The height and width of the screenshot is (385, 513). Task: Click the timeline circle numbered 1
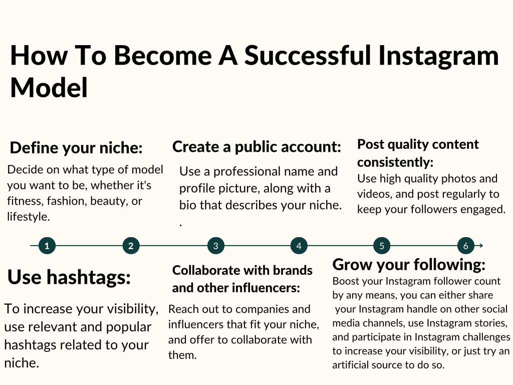(x=47, y=246)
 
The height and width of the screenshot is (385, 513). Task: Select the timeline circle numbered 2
(x=131, y=246)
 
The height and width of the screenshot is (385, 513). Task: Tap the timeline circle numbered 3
(x=215, y=246)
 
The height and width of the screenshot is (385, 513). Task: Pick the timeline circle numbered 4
(x=299, y=246)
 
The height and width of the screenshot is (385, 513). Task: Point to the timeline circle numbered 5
(x=381, y=246)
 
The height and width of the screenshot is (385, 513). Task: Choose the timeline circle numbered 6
(x=465, y=246)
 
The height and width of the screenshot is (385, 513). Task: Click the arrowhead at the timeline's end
(x=481, y=246)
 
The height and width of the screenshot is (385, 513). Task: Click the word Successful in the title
(x=308, y=55)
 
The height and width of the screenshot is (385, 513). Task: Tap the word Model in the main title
(x=49, y=87)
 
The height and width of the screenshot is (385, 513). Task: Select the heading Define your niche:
(x=76, y=148)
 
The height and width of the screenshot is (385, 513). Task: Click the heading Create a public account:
(x=257, y=147)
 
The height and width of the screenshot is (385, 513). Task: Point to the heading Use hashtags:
(x=69, y=277)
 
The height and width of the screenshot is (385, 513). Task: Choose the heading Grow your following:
(x=409, y=265)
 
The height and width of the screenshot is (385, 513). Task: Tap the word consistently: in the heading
(x=395, y=162)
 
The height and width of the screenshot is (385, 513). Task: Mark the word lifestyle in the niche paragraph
(x=28, y=217)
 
